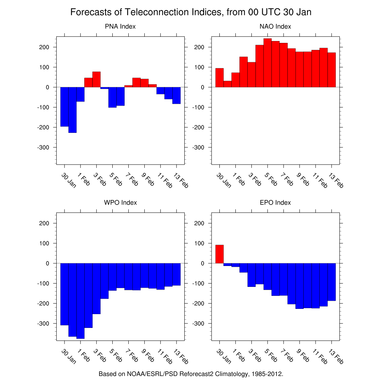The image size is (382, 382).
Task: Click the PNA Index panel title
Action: click(120, 26)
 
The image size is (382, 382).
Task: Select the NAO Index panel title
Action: click(275, 26)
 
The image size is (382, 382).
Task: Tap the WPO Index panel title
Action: click(120, 203)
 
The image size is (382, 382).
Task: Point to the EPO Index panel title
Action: click(275, 203)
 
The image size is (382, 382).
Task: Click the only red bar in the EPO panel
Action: click(219, 254)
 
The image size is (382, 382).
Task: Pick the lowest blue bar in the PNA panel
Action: click(72, 110)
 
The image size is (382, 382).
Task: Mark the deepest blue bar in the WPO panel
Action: click(80, 301)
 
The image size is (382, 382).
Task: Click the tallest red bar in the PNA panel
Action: click(96, 79)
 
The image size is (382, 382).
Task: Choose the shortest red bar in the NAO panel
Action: click(227, 84)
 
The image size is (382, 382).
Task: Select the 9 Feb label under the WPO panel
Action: click(147, 356)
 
